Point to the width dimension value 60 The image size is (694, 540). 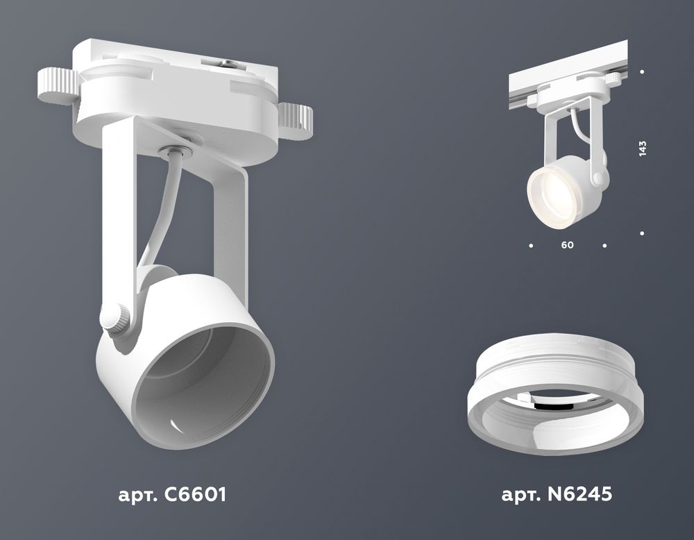tap(568, 246)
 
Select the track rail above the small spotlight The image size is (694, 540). tap(569, 81)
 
